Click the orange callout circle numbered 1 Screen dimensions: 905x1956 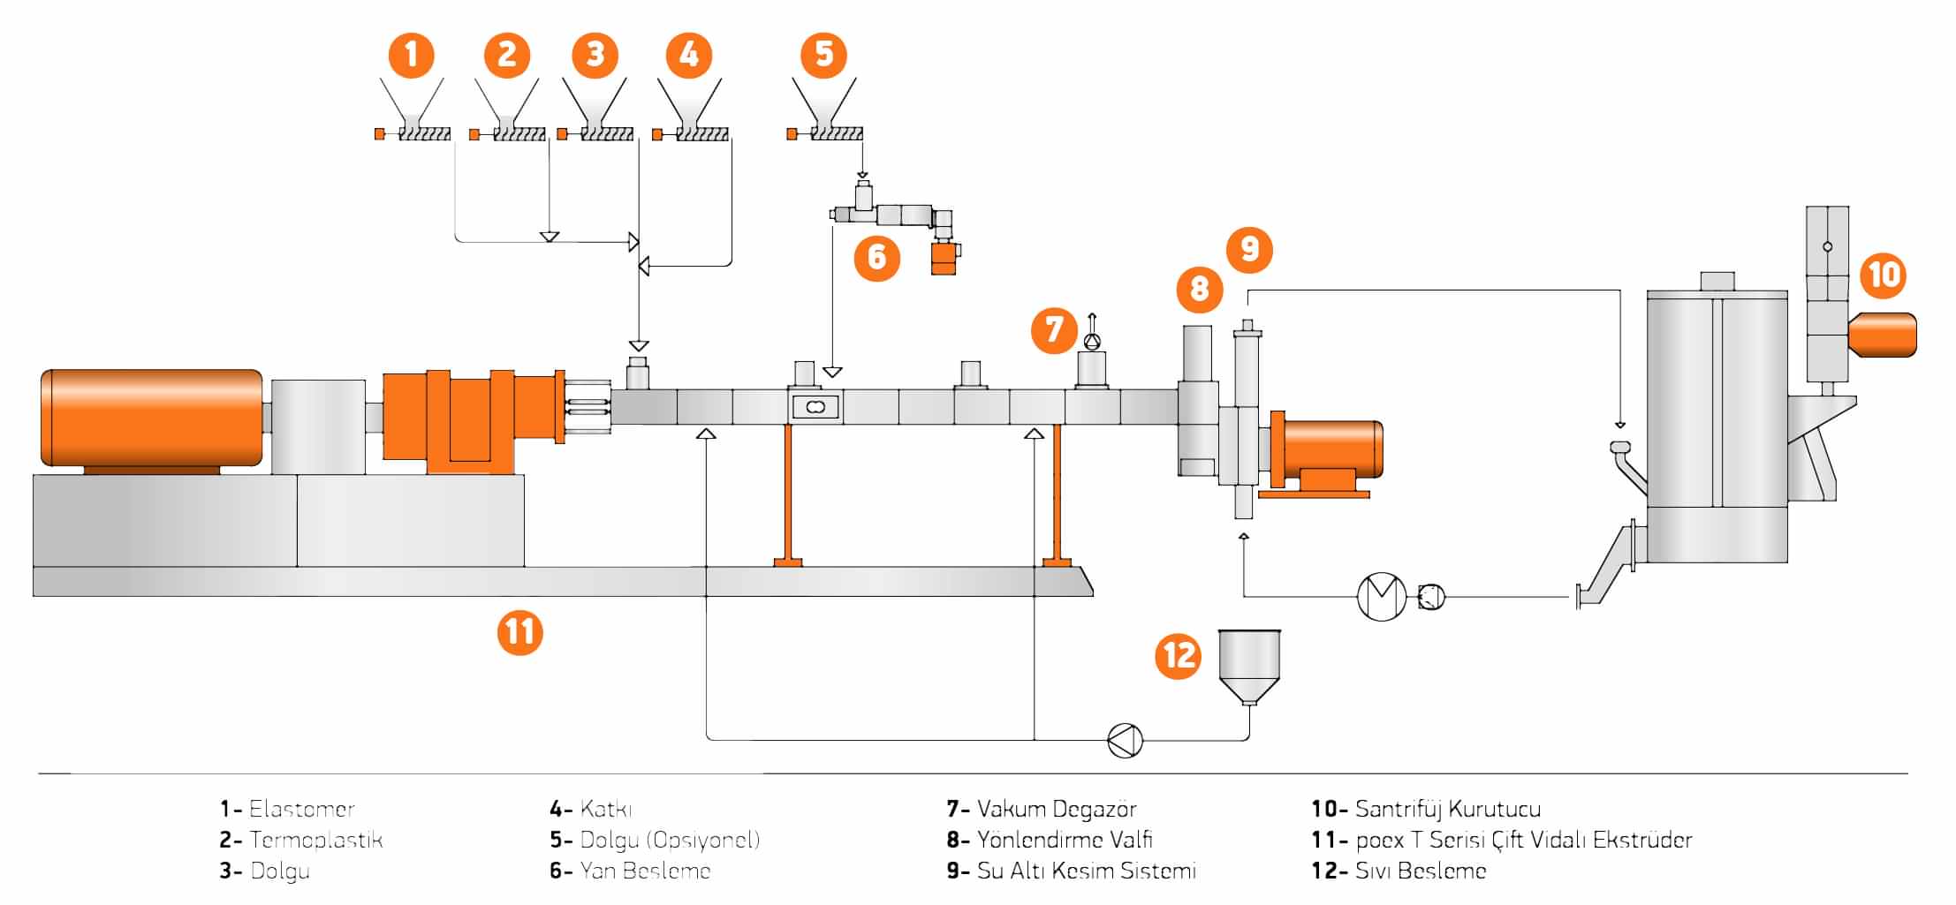(412, 55)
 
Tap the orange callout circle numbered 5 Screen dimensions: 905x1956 (823, 55)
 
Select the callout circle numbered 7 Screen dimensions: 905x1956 (1054, 330)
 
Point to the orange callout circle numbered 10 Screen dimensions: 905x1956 (1884, 275)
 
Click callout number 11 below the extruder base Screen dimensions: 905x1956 (519, 632)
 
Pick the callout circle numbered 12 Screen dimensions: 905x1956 (1179, 655)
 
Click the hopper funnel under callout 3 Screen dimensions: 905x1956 (595, 101)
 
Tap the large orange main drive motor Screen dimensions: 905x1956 (151, 418)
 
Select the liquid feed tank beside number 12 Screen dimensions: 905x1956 (1249, 665)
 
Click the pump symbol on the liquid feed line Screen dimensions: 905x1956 (1125, 740)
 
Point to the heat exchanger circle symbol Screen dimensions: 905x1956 (1381, 597)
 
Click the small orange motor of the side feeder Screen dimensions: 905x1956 (945, 259)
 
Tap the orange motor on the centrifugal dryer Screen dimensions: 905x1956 (1882, 335)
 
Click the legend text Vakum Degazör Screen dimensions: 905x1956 (1056, 809)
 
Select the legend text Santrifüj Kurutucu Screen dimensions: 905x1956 (1447, 809)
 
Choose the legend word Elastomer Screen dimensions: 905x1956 (301, 809)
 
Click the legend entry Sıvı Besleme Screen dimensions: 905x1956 (1420, 871)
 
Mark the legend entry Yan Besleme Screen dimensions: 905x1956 (645, 871)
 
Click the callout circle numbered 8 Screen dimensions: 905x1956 (1199, 288)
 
